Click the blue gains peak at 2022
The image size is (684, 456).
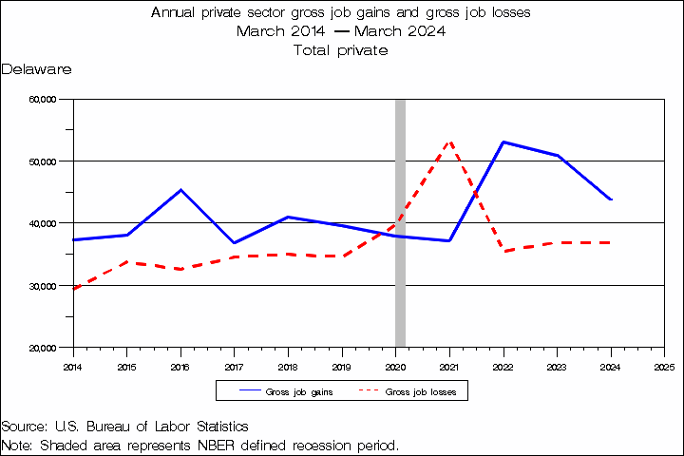tap(503, 142)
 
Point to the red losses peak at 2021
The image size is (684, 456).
tap(449, 142)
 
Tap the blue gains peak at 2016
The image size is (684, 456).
tap(181, 189)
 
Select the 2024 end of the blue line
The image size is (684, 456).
tap(611, 199)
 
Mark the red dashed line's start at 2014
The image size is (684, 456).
tap(74, 289)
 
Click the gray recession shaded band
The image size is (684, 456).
tap(400, 223)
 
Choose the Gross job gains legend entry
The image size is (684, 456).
tap(286, 391)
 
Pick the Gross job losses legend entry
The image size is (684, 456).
tap(408, 391)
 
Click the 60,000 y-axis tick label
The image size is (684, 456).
tap(43, 100)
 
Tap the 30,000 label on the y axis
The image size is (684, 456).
tap(43, 286)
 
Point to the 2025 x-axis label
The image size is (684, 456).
tap(664, 367)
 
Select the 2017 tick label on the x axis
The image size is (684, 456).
tap(234, 367)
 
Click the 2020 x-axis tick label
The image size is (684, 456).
tap(395, 367)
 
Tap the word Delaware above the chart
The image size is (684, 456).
tap(36, 69)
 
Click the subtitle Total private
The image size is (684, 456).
tap(341, 50)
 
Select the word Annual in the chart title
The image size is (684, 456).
tap(173, 12)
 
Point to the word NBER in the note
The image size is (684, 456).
tap(216, 446)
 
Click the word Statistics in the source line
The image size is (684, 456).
tap(222, 427)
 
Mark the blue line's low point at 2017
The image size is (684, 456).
tap(235, 242)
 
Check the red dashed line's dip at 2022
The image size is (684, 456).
tap(503, 252)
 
